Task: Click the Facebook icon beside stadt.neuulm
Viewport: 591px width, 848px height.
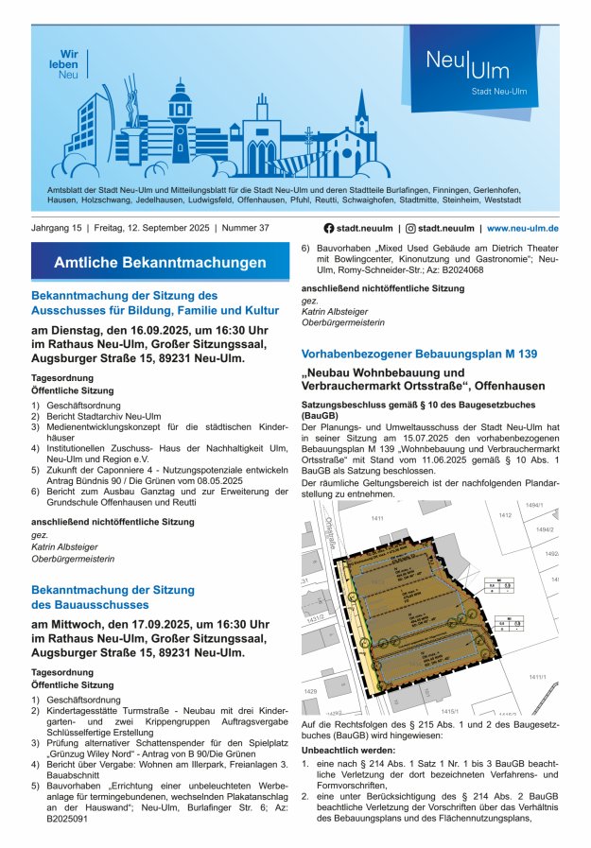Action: [329, 229]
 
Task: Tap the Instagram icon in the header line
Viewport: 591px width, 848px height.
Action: [410, 229]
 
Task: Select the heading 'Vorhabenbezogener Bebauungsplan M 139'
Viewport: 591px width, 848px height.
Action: [419, 354]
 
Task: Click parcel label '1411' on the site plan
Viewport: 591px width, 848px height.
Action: [377, 518]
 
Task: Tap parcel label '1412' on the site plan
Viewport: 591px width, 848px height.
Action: [506, 514]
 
